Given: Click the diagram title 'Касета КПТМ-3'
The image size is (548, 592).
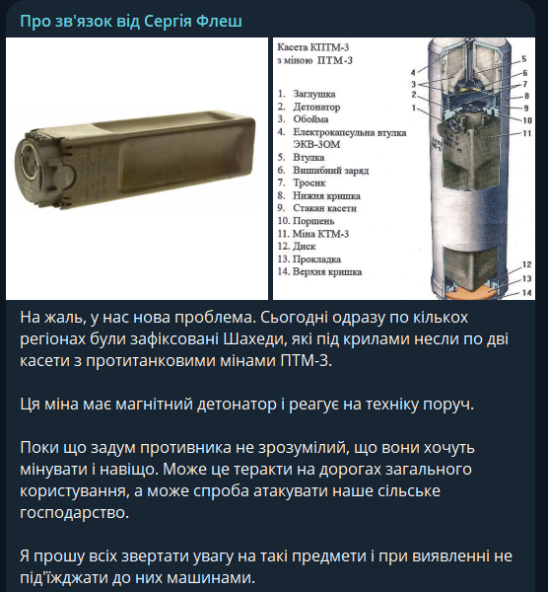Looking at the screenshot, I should click(313, 47).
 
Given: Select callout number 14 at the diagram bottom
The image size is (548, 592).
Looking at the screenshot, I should click(526, 293).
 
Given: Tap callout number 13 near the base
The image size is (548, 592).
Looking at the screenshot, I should click(526, 279).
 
